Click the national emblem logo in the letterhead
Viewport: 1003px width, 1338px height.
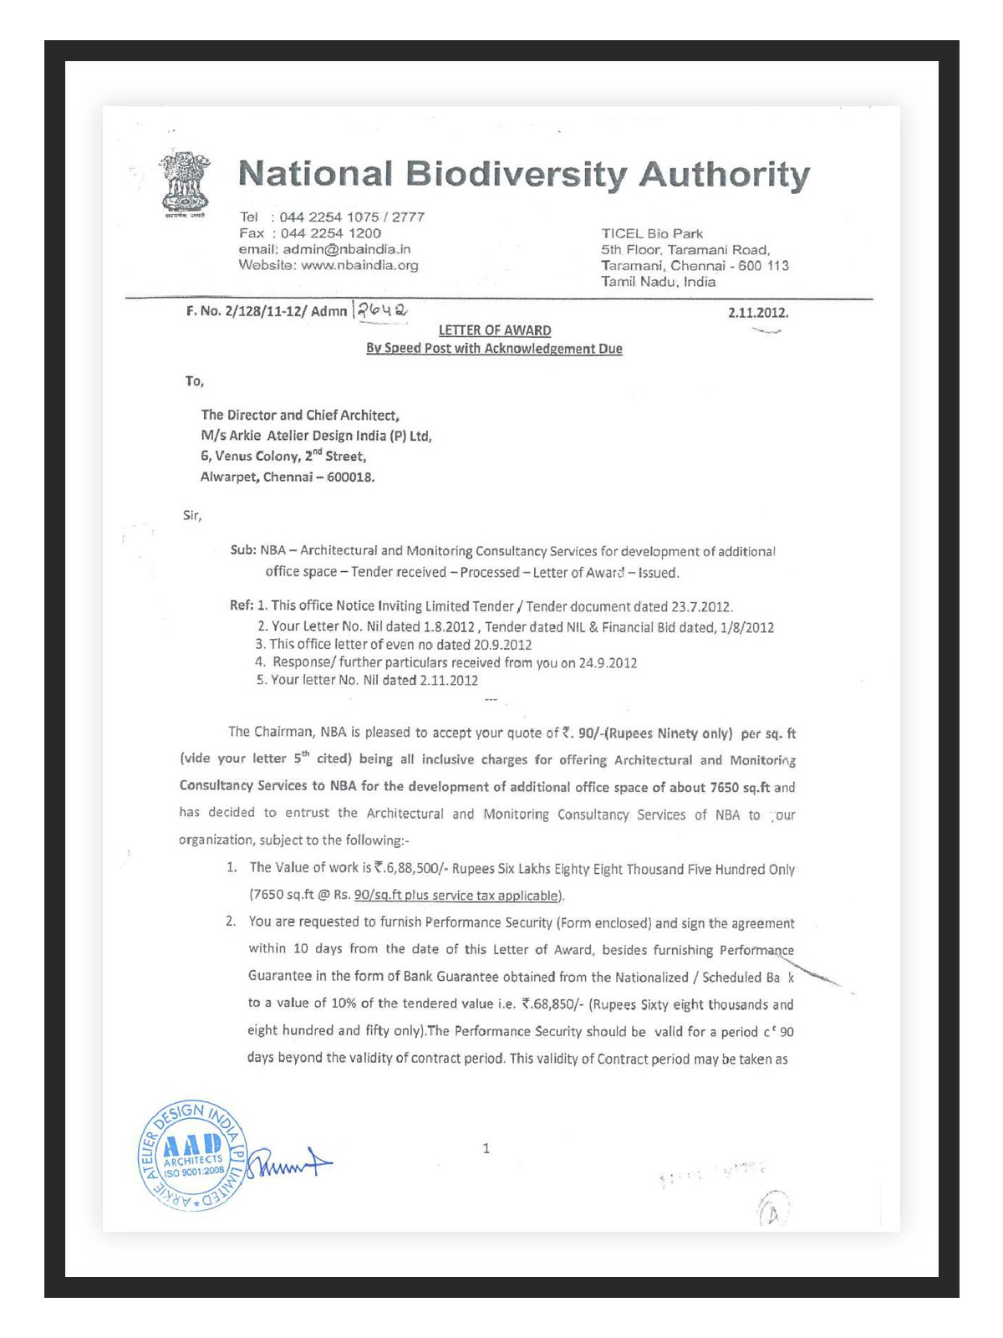(186, 182)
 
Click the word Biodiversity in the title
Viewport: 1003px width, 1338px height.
(516, 174)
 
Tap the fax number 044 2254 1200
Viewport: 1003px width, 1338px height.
(330, 233)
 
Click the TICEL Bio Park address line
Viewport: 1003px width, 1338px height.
(652, 233)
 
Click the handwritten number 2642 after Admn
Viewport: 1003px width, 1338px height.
(382, 310)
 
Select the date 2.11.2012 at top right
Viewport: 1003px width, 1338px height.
(757, 313)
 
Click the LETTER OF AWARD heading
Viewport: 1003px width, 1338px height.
(494, 330)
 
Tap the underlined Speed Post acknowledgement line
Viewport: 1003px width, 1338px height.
(494, 349)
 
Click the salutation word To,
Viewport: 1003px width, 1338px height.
(194, 381)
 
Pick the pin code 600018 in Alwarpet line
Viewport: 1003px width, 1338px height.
(350, 477)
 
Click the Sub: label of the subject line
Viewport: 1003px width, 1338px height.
(243, 550)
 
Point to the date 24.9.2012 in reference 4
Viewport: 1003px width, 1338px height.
(608, 663)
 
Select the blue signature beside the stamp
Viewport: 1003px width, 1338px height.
(289, 1162)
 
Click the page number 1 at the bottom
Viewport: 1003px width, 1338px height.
(486, 1148)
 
